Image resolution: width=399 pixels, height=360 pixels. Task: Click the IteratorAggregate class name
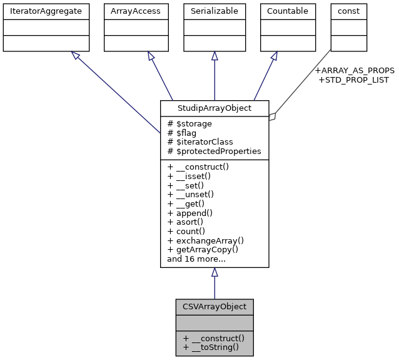46,11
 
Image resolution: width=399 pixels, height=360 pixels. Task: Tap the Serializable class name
215,11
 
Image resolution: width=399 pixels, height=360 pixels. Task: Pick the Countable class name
288,11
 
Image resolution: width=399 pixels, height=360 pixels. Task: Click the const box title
348,11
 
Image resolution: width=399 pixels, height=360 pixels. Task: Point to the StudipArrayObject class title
215,108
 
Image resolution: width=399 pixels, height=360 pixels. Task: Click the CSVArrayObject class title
215,307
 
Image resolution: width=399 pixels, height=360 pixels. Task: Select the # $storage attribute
189,124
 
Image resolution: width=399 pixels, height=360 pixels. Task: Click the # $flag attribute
183,133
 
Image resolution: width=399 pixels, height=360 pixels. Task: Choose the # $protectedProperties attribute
214,152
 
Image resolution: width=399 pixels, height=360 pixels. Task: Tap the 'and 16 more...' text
196,259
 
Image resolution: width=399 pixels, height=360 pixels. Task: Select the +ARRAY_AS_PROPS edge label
355,70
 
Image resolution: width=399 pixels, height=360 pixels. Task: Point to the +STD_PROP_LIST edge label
353,80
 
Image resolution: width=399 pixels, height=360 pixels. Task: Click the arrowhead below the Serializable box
215,56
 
